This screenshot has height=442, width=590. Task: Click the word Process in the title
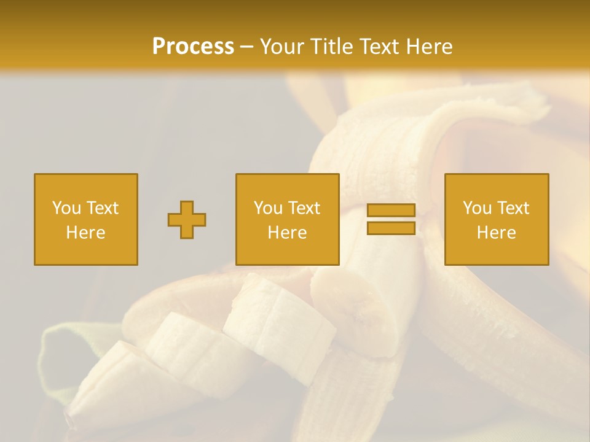pos(193,47)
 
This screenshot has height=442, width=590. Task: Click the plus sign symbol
pos(187,220)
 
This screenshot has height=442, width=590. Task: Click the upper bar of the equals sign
pos(391,211)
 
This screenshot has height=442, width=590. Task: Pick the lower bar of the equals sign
pos(391,228)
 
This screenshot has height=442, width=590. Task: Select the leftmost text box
pos(85,219)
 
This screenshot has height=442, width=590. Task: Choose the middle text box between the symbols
pos(287,219)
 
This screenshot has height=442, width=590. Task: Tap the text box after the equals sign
pos(496,219)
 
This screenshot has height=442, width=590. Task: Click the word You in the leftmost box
pos(66,208)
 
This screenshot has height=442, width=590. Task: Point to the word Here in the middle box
pos(287,233)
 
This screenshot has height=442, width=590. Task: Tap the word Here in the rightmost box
pos(496,233)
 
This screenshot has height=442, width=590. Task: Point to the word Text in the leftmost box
pos(101,208)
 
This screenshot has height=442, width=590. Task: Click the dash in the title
pos(247,47)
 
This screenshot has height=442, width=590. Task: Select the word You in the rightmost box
pos(477,208)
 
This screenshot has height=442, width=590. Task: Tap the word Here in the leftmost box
pos(85,233)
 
